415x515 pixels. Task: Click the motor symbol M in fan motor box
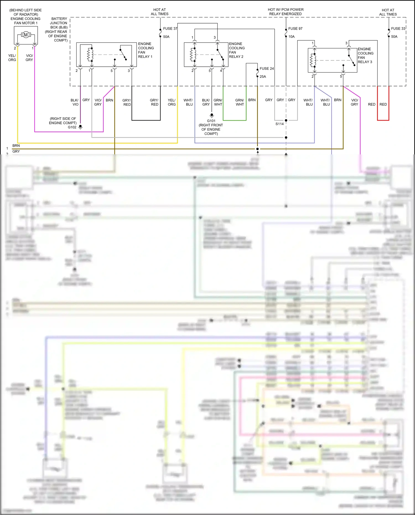[26, 35]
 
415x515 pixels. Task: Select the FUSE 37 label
[170, 29]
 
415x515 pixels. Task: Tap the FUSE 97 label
[295, 29]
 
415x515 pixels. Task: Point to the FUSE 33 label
[398, 29]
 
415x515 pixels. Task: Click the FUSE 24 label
[266, 69]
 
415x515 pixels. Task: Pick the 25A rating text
[263, 77]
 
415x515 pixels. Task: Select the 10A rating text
[291, 37]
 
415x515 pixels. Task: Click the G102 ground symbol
[80, 127]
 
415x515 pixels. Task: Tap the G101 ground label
[211, 121]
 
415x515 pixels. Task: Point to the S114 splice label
[279, 124]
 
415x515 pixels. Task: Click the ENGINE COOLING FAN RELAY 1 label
[146, 50]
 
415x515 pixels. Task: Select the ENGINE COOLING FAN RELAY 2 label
[236, 50]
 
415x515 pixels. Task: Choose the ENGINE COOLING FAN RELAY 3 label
[365, 55]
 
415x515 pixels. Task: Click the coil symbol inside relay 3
[313, 60]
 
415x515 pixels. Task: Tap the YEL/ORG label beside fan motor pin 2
[12, 58]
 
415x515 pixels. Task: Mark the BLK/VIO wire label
[75, 102]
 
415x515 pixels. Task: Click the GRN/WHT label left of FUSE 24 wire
[240, 102]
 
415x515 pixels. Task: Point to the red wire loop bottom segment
[383, 120]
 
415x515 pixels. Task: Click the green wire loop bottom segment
[235, 120]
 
